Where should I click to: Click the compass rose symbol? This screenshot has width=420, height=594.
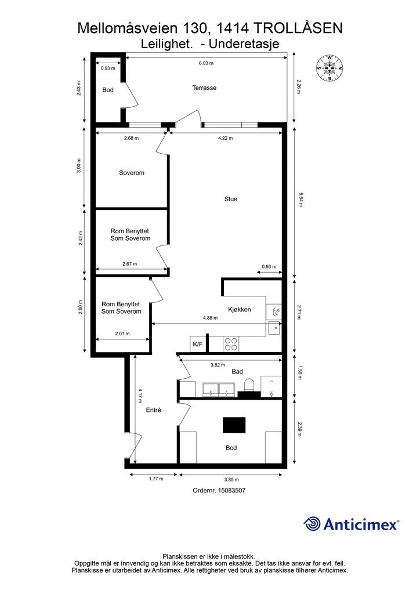tap(330, 68)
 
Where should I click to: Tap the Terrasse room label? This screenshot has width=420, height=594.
tap(204, 88)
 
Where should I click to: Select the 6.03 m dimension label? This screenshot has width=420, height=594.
tap(206, 63)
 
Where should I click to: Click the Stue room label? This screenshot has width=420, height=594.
tap(231, 199)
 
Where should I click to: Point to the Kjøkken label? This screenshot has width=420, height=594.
tap(240, 310)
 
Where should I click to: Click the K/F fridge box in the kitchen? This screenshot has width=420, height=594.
tap(198, 344)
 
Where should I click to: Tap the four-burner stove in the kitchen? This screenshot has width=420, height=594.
tap(231, 345)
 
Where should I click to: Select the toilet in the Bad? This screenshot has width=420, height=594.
tap(249, 386)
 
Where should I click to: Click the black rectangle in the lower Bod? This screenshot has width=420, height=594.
tap(234, 425)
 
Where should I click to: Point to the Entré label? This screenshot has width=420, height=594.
tap(154, 410)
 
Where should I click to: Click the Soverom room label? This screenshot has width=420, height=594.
tap(132, 173)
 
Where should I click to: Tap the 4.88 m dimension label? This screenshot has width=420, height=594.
tap(210, 318)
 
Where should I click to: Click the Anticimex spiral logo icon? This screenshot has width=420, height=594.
tap(312, 524)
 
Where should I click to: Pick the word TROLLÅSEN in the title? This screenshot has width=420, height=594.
tap(297, 28)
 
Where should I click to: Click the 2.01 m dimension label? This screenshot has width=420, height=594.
tap(122, 334)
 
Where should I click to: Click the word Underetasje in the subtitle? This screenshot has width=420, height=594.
tap(244, 44)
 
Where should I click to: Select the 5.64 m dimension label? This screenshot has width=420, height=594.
tap(300, 200)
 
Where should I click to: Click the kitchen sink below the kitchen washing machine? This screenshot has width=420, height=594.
tap(274, 328)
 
